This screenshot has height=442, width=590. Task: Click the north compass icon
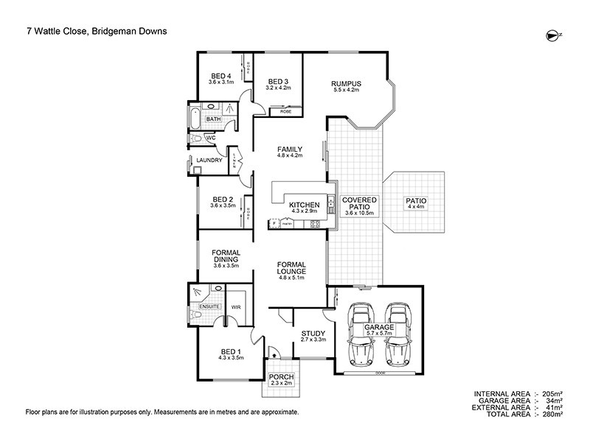pyautogui.click(x=553, y=34)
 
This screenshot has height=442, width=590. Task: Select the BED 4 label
pyautogui.click(x=221, y=76)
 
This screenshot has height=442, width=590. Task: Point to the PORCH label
pyautogui.click(x=281, y=377)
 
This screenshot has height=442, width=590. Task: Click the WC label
pyautogui.click(x=210, y=138)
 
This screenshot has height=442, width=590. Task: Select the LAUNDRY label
pyautogui.click(x=209, y=161)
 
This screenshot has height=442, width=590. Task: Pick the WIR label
pyautogui.click(x=237, y=306)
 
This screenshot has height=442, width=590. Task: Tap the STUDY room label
pyautogui.click(x=313, y=334)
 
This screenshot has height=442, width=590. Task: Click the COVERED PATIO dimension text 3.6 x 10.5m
pyautogui.click(x=360, y=213)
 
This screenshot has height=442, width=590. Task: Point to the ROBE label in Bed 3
pyautogui.click(x=285, y=111)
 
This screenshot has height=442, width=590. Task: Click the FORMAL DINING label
pyautogui.click(x=223, y=255)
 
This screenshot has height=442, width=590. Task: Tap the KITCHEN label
pyautogui.click(x=304, y=205)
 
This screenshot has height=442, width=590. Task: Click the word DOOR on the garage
pyautogui.click(x=380, y=372)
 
